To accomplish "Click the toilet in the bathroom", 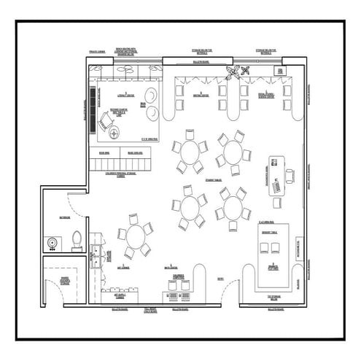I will click(x=76, y=239).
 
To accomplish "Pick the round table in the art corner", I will click(x=136, y=236).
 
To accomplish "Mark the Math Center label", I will click(x=171, y=267).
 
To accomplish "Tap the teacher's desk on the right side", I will click(x=276, y=176).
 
